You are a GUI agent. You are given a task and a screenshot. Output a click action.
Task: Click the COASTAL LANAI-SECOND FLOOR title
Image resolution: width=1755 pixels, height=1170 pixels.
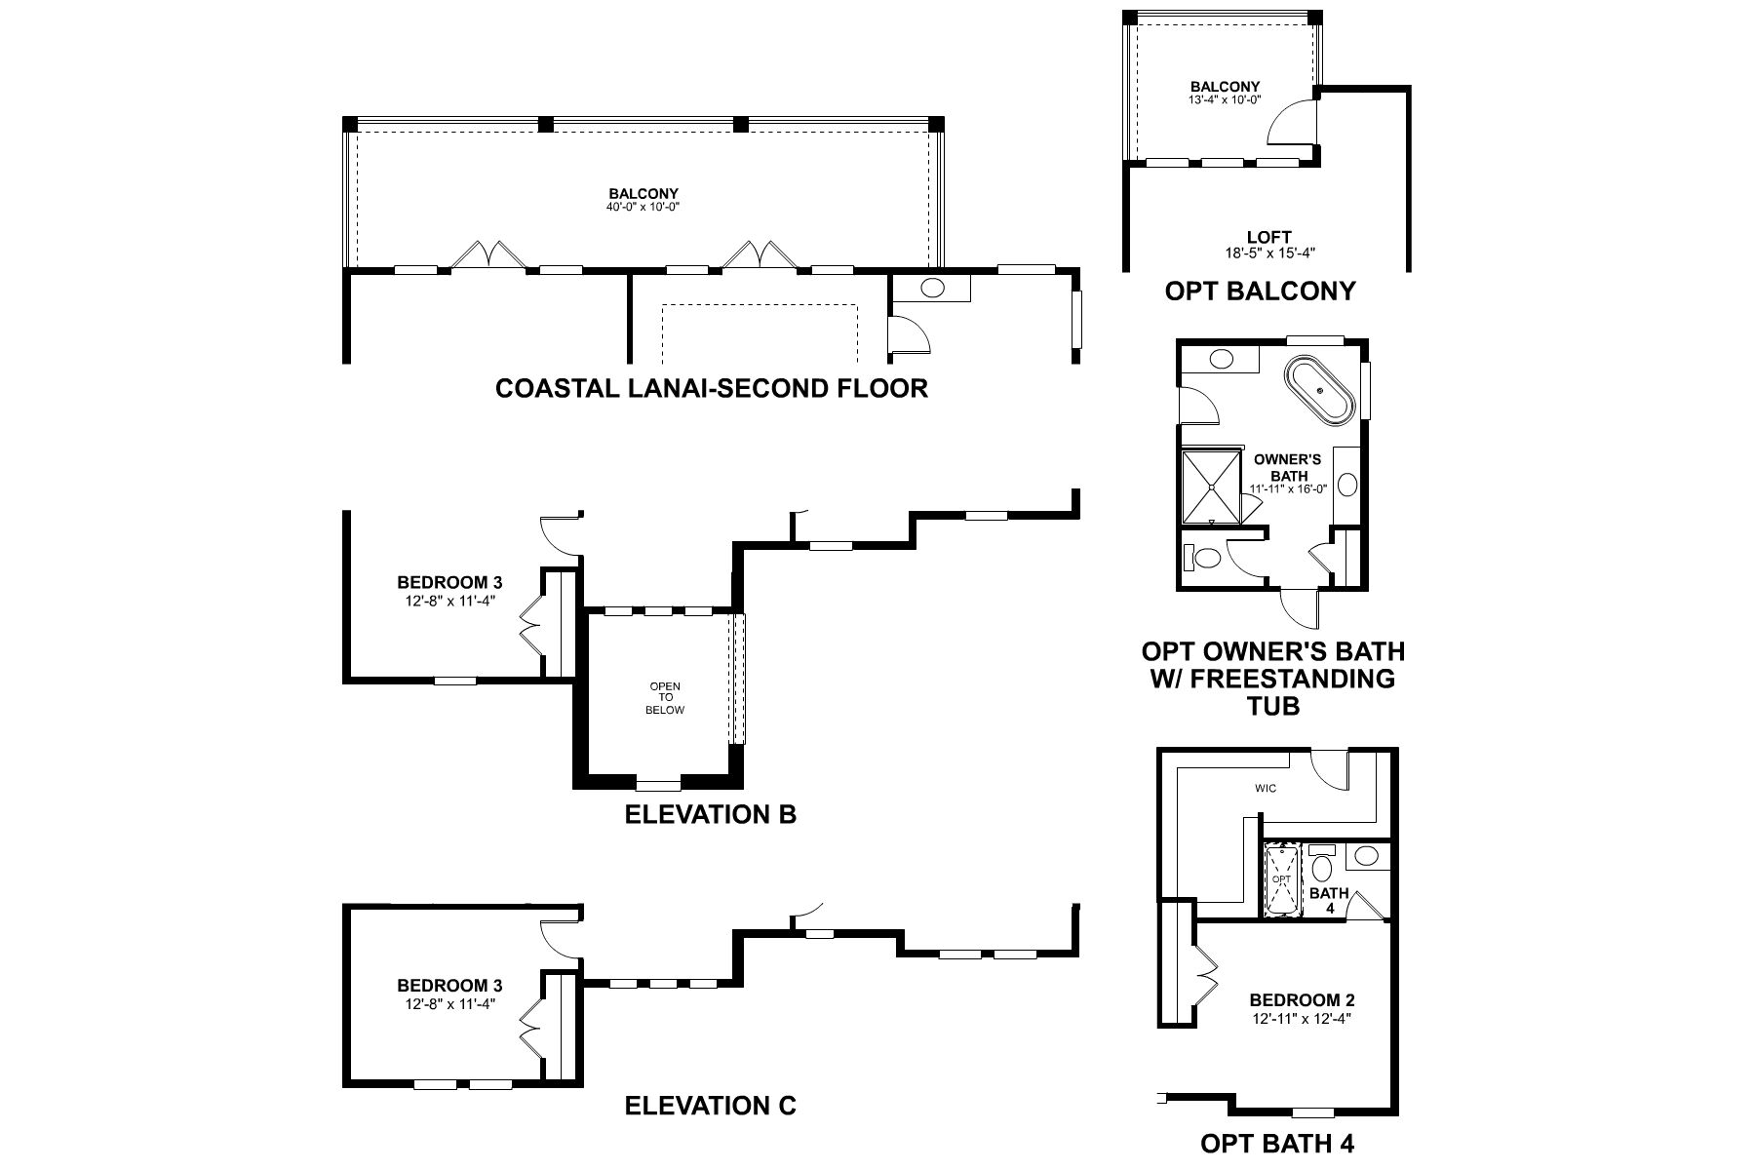coord(711,388)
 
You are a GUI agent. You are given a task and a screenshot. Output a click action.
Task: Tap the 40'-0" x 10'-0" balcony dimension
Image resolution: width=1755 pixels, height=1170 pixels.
coord(643,207)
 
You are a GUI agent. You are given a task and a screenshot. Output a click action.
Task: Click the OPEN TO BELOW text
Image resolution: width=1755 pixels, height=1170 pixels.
coord(665,698)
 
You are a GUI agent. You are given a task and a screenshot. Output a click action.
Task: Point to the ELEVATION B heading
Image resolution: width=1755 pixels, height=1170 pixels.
coord(710,813)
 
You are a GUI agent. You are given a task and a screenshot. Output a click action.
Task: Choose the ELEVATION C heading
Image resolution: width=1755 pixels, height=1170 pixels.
coord(710,1105)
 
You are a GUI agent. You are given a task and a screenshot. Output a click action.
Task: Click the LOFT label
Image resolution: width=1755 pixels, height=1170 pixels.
coord(1268,237)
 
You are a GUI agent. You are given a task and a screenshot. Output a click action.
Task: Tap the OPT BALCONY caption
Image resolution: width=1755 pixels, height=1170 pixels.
coord(1260,291)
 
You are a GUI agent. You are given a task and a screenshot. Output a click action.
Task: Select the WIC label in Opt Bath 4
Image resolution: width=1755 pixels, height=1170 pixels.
coord(1266,788)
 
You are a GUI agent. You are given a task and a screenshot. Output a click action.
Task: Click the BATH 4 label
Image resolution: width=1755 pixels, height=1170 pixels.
coord(1328,899)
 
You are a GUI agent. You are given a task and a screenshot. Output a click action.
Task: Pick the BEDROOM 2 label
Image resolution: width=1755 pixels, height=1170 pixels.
coord(1302,1000)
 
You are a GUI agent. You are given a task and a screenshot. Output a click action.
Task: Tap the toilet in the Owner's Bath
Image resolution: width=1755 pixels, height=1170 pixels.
coord(1202,559)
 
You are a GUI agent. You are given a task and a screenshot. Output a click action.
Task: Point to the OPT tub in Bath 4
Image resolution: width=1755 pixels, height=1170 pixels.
coord(1282,880)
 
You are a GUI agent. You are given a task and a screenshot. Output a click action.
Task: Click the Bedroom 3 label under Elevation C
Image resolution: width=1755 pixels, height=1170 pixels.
coord(449,985)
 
